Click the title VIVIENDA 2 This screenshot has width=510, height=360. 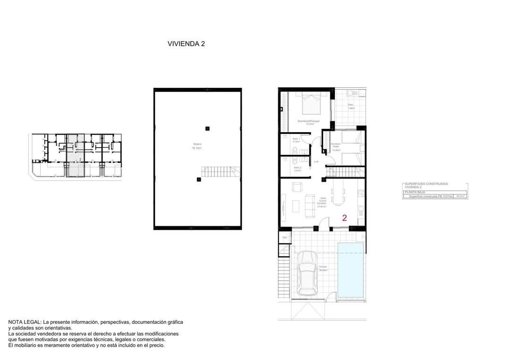(x=186, y=44)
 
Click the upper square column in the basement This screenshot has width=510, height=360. (x=207, y=128)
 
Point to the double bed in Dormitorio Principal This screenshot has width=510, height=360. (x=311, y=103)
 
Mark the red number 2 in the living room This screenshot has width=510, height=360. (x=344, y=218)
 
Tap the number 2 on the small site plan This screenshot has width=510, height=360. (x=80, y=159)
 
